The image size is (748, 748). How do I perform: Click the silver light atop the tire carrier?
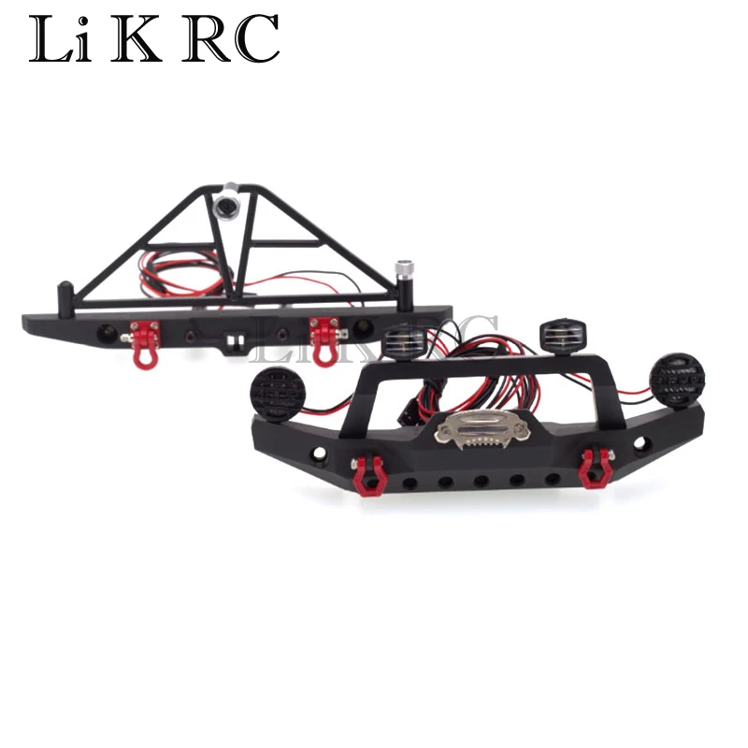[x=226, y=203]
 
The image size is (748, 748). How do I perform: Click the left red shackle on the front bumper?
[x=367, y=474]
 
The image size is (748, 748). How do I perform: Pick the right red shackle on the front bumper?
[x=592, y=467]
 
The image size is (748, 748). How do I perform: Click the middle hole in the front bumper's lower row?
[x=481, y=482]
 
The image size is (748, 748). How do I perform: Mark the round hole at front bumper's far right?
[x=641, y=442]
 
